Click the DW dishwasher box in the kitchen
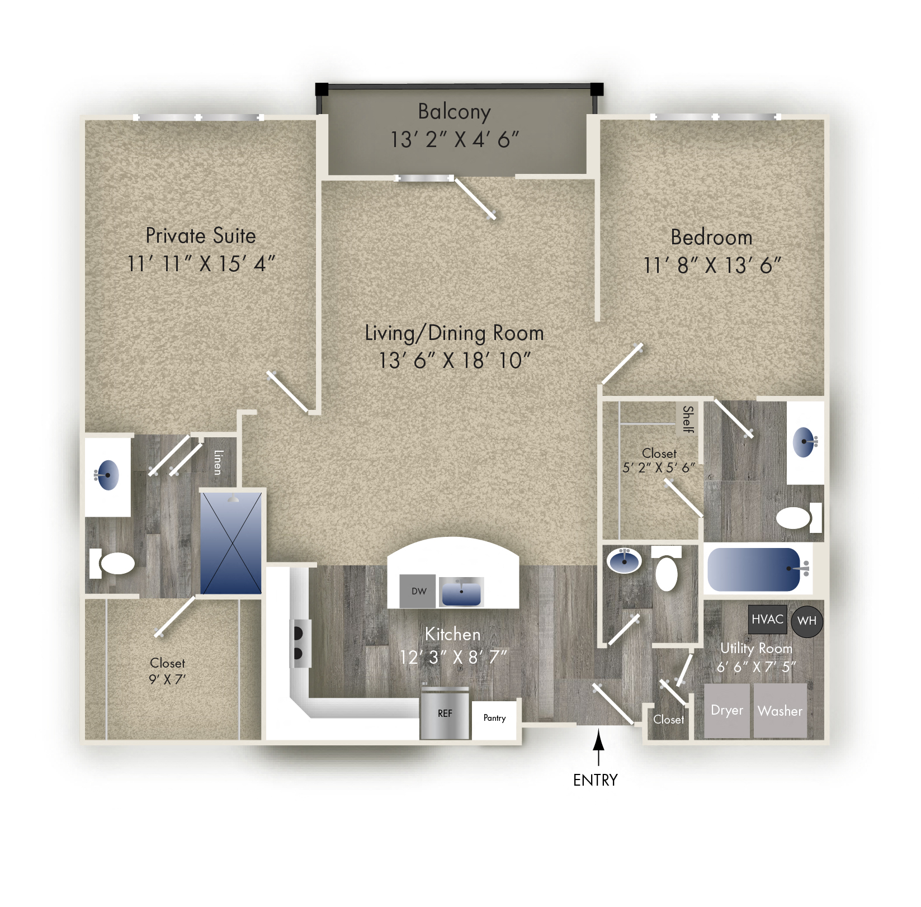coord(418,591)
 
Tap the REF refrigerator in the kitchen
coord(445,714)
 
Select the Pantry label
coord(494,718)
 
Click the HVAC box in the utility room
coord(767,619)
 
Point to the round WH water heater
coord(807,621)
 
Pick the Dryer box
coord(726,711)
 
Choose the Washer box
coord(780,711)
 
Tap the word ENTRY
coord(595,780)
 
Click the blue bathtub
coord(754,569)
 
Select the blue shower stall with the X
coord(231,543)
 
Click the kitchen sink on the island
coord(461,593)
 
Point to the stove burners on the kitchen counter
coord(299,643)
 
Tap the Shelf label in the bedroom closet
coord(688,419)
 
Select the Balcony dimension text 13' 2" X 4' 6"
coord(454,140)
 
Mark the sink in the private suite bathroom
coord(107,475)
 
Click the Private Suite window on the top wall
coord(199,117)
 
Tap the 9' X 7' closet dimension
coord(167,679)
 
